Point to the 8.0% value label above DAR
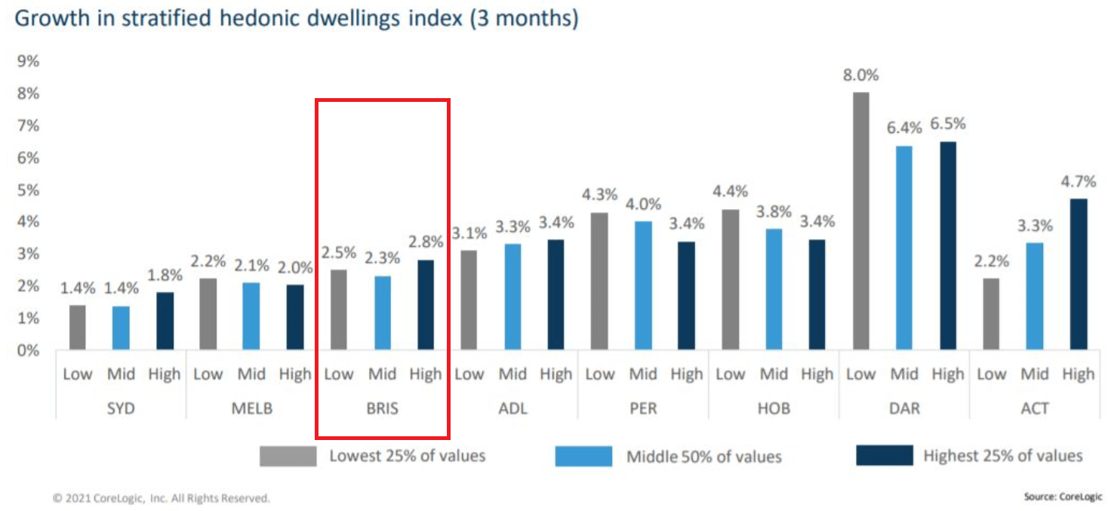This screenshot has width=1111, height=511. point(860,75)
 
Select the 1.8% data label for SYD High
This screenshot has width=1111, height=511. point(165,276)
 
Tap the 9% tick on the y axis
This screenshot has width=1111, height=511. point(28,62)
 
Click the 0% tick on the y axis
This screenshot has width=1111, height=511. point(28,350)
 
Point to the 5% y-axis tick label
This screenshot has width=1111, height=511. point(28,190)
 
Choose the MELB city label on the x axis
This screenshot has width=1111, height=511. point(251,408)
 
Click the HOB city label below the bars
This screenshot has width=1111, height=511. point(773,408)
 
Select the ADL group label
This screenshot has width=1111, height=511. point(512,408)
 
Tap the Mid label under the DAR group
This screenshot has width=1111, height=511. point(903,374)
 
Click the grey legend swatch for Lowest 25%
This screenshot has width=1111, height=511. point(288,456)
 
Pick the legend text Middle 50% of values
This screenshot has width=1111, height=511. point(703,456)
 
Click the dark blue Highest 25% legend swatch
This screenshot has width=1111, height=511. point(884,456)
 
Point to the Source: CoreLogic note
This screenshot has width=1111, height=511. point(1063,497)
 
